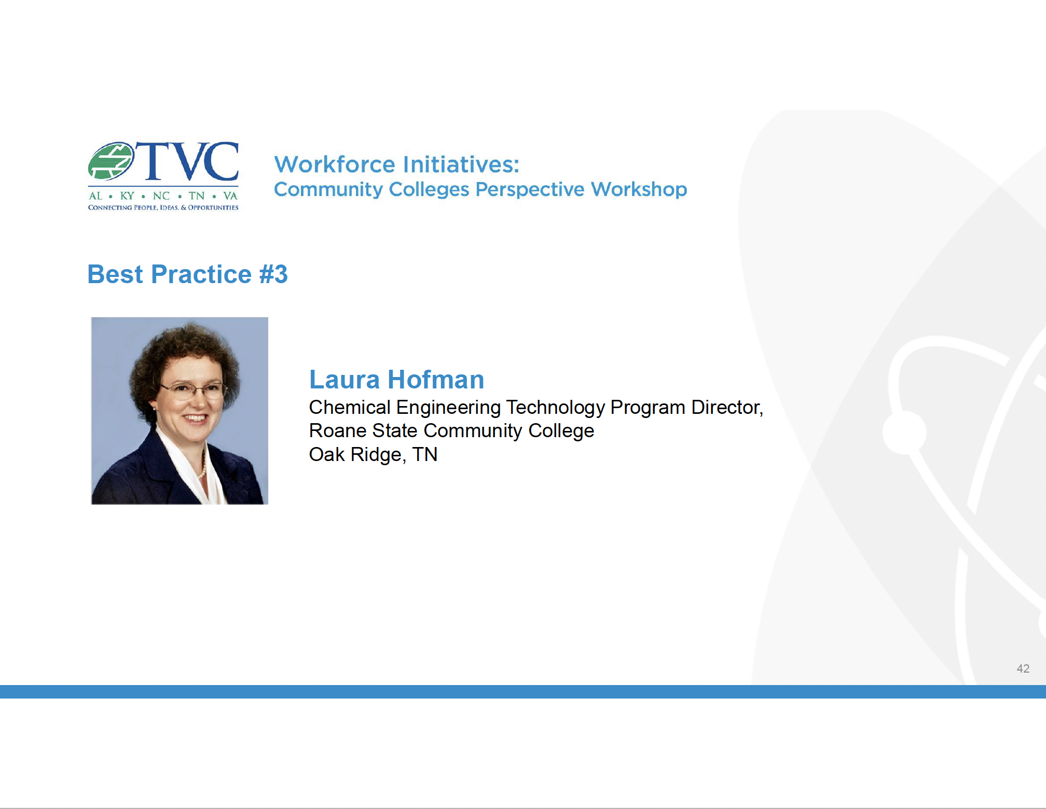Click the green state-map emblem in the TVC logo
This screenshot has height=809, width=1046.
[x=111, y=161]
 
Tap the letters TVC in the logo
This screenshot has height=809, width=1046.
[x=188, y=161]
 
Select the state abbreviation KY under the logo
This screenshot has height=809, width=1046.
[x=127, y=196]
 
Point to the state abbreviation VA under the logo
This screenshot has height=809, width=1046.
[x=230, y=196]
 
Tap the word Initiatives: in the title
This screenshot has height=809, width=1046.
[x=461, y=164]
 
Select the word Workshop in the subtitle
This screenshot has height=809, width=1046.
[x=639, y=190]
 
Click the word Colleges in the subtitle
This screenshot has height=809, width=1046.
[x=429, y=190]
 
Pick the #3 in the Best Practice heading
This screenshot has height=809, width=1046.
[x=273, y=274]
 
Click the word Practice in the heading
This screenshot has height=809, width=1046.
[x=201, y=274]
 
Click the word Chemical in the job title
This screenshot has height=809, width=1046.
[x=350, y=408]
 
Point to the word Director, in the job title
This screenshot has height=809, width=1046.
[x=727, y=408]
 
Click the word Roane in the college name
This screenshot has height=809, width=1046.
[x=337, y=431]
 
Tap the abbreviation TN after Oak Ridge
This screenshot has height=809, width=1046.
[x=425, y=455]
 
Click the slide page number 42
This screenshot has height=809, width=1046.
[x=1023, y=668]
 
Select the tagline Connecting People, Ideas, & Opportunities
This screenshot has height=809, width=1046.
[x=163, y=207]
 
